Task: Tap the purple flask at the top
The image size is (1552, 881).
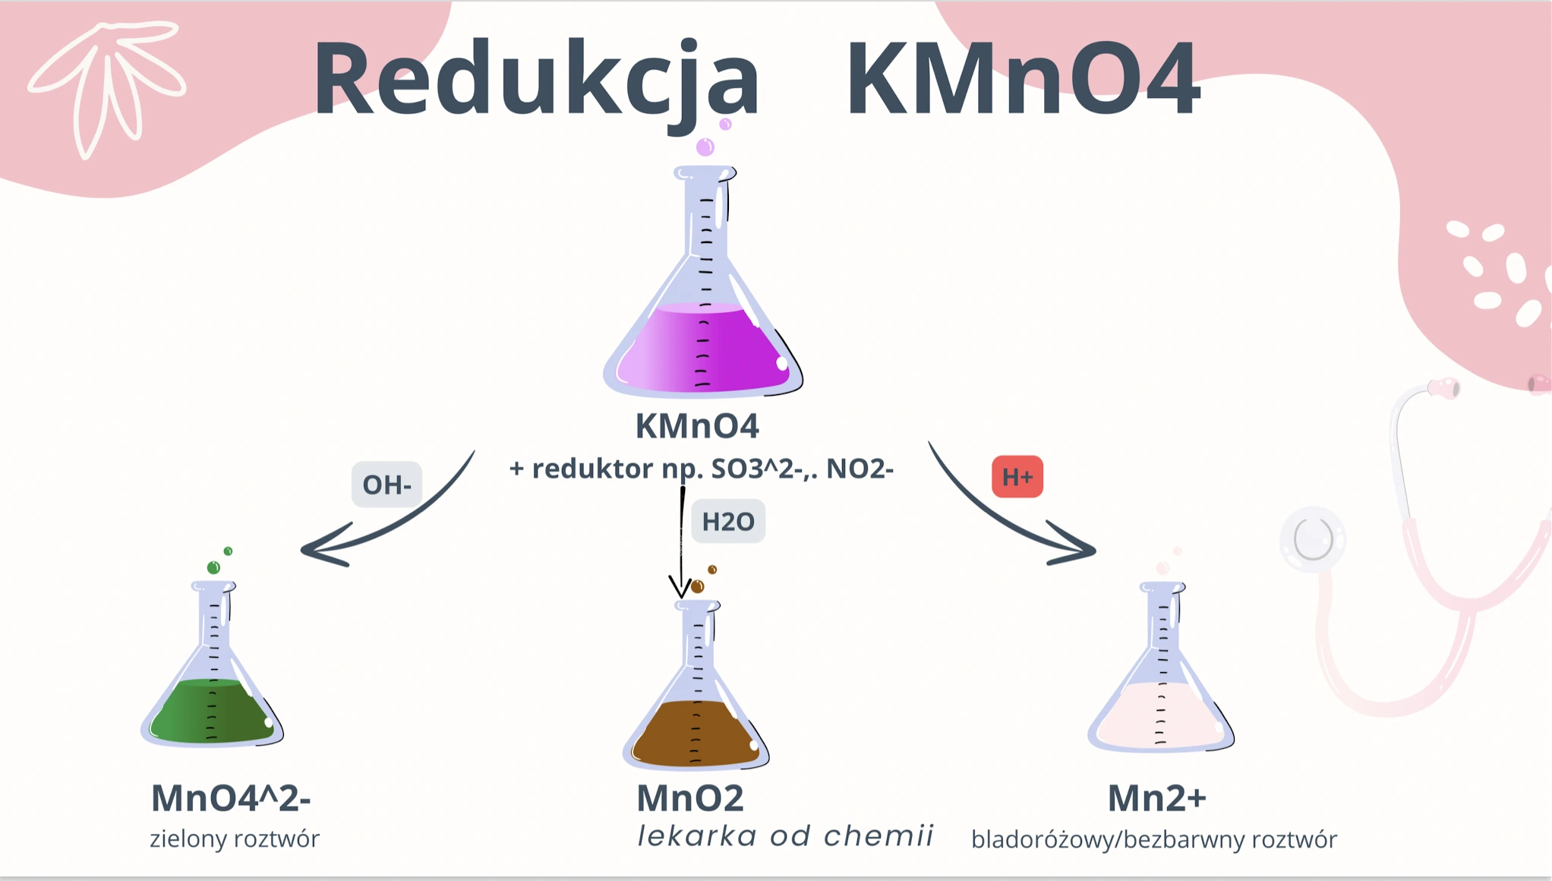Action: [704, 304]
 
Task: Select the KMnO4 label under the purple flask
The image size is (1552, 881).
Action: [697, 426]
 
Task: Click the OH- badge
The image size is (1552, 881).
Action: [386, 485]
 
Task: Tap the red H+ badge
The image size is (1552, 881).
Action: [1017, 477]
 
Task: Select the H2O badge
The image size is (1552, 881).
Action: [728, 522]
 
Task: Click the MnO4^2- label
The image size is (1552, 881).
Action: [231, 798]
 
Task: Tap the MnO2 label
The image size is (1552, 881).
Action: [689, 798]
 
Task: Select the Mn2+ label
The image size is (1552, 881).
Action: [1156, 798]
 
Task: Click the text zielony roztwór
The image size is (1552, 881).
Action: [235, 839]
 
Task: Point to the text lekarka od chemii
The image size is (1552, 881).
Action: [785, 836]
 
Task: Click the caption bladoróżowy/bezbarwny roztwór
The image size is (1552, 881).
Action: [1154, 840]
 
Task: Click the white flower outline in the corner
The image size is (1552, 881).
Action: [106, 84]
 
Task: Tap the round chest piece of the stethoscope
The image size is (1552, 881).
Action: [1313, 539]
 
